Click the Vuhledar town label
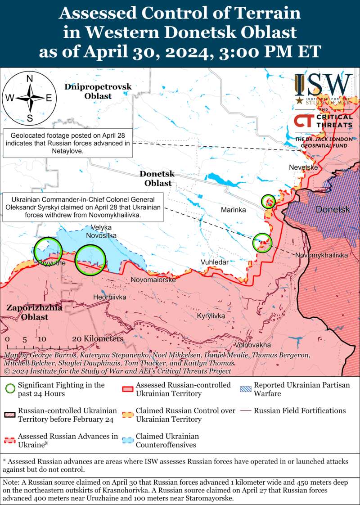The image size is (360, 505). (x=215, y=262)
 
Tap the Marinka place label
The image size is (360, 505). (x=233, y=210)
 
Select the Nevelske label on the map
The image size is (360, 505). (x=303, y=167)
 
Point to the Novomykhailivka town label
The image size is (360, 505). (x=321, y=255)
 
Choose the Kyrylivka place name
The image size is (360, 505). (x=211, y=316)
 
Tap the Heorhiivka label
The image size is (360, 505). (x=109, y=298)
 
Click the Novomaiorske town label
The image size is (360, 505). (x=153, y=280)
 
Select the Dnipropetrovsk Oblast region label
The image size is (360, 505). (x=98, y=91)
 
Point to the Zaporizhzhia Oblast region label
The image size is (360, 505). (x=27, y=312)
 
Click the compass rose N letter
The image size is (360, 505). (x=30, y=79)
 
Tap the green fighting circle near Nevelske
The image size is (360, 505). (x=268, y=201)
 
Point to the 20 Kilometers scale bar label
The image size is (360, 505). (x=97, y=338)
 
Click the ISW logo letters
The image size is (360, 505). (x=323, y=84)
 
